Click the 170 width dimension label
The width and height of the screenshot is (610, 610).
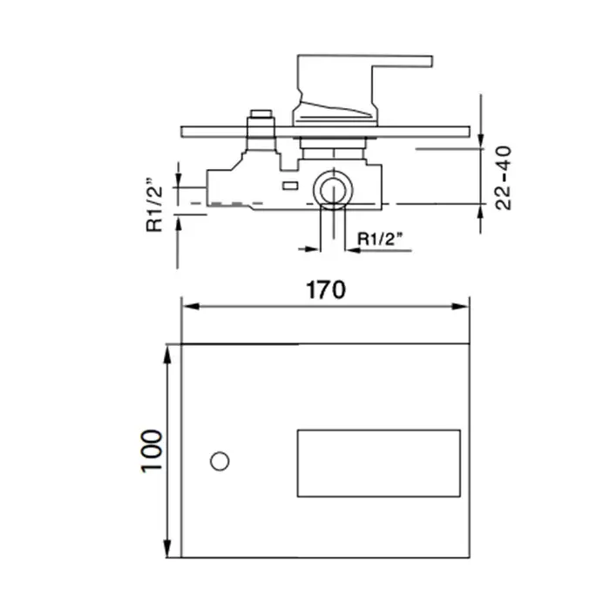pyautogui.click(x=326, y=290)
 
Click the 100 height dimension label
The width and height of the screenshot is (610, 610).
pyautogui.click(x=152, y=451)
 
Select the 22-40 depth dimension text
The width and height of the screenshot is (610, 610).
pyautogui.click(x=503, y=178)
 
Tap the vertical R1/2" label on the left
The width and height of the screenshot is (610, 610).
pyautogui.click(x=154, y=206)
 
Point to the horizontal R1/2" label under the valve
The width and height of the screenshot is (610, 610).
pyautogui.click(x=380, y=239)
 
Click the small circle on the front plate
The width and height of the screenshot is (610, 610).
pyautogui.click(x=220, y=461)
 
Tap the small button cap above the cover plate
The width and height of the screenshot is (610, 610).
pyautogui.click(x=261, y=113)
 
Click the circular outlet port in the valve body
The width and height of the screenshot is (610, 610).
pyautogui.click(x=334, y=189)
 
